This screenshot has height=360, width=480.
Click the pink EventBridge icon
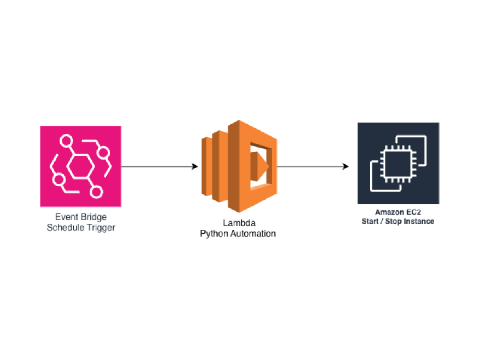80,166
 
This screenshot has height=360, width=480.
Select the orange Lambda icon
239,166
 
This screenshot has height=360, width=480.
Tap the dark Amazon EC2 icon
398,163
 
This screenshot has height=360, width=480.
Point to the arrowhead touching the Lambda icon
196,166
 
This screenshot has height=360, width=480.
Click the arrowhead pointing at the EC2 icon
346,166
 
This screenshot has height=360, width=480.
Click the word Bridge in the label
94,217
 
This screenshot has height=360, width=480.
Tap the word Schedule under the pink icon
64,228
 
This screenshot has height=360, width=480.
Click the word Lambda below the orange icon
239,223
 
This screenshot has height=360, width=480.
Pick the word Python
214,234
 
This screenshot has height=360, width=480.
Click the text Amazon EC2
398,212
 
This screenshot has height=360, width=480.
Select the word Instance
420,221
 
